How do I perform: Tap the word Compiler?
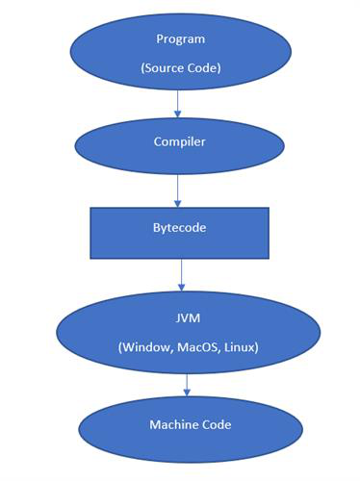pyautogui.click(x=178, y=140)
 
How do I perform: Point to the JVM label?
pyautogui.click(x=185, y=317)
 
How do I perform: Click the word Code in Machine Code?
pyautogui.click(x=216, y=424)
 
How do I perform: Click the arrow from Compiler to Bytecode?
pyautogui.click(x=178, y=190)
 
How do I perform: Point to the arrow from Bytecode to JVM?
pyautogui.click(x=181, y=275)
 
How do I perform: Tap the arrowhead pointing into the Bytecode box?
pyautogui.click(x=178, y=203)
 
